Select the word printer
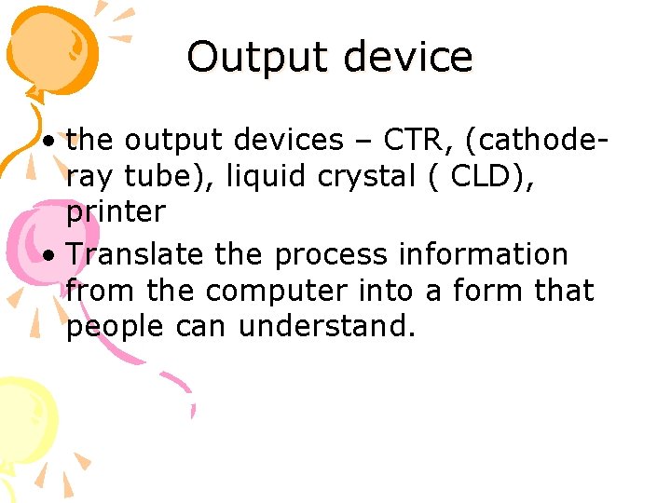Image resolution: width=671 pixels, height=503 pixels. [x=116, y=212]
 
